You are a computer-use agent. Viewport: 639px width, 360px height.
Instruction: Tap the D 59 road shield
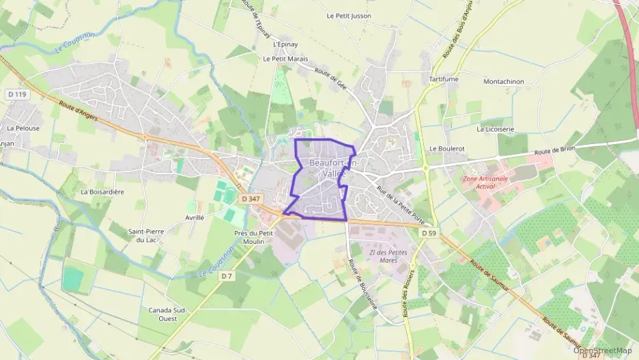(428, 233)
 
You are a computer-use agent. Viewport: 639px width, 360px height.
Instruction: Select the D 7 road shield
(227, 276)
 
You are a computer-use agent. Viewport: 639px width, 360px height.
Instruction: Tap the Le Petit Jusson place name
(350, 16)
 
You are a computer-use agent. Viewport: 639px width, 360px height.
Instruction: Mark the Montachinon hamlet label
(503, 81)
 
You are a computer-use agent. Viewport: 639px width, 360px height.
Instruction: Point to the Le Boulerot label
(447, 148)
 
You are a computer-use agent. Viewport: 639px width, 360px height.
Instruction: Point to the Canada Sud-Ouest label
(167, 314)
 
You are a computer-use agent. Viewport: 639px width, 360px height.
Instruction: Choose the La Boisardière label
(102, 192)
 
